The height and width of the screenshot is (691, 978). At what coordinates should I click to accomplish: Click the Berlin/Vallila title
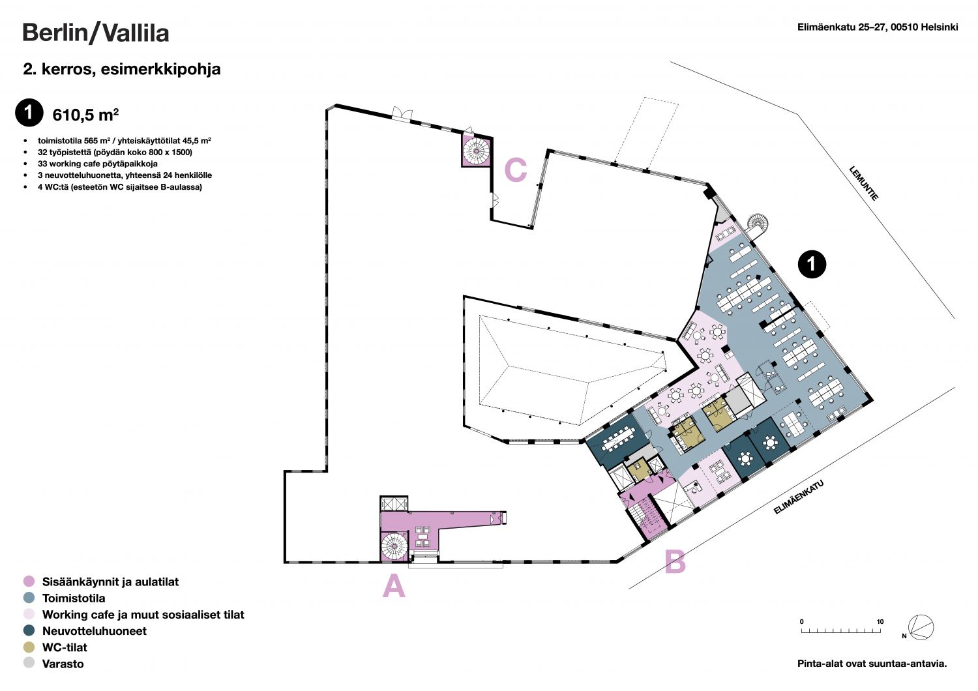(x=96, y=33)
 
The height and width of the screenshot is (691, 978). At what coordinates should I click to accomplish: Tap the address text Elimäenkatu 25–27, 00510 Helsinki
(x=878, y=27)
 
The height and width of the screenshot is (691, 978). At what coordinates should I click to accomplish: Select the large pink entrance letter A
(x=394, y=586)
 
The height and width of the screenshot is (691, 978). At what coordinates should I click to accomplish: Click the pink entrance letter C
(x=516, y=169)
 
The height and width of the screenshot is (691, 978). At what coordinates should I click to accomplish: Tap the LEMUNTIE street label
(x=863, y=183)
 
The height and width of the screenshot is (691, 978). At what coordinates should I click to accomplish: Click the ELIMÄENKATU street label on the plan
(x=799, y=497)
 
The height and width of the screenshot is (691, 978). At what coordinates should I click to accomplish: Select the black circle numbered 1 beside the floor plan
(x=812, y=263)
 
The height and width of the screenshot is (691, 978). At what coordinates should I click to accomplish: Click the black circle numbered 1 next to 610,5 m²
(x=29, y=113)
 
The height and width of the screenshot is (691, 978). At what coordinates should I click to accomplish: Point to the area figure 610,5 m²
(x=85, y=115)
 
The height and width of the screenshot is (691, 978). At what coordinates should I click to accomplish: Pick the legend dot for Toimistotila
(x=29, y=598)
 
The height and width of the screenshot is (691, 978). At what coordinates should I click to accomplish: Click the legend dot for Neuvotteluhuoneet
(x=29, y=630)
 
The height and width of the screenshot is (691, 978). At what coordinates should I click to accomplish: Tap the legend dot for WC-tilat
(x=29, y=647)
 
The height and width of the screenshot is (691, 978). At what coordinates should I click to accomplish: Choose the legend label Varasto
(x=63, y=664)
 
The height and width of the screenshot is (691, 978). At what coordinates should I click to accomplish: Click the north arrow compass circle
(x=921, y=627)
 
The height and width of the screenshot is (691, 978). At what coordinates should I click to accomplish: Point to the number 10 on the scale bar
(x=880, y=622)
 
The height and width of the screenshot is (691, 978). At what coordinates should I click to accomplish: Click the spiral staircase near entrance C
(x=477, y=151)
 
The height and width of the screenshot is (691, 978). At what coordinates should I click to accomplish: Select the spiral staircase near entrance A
(x=394, y=546)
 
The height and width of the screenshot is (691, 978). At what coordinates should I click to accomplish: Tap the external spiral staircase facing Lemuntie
(x=758, y=224)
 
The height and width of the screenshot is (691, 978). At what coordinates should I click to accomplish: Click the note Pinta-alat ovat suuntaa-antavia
(x=872, y=664)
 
